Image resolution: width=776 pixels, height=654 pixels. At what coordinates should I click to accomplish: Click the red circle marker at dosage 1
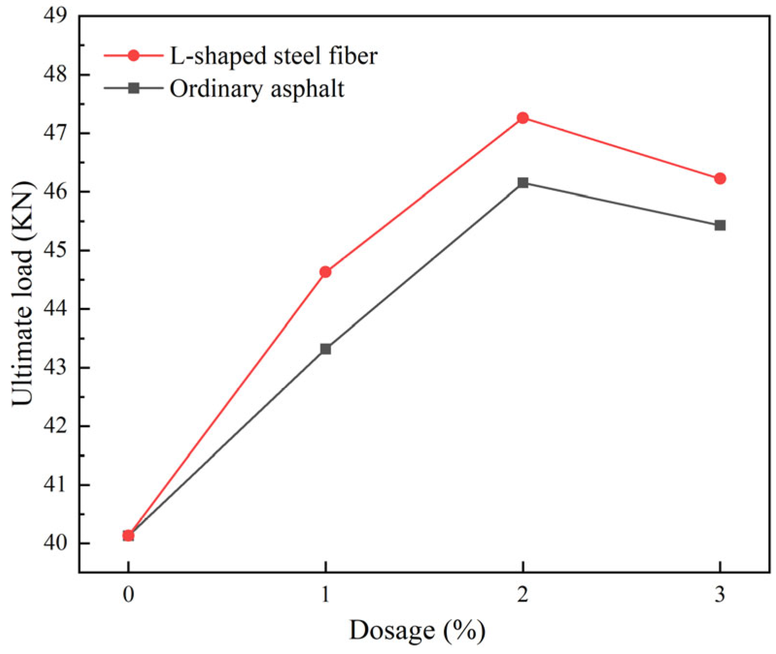(325, 272)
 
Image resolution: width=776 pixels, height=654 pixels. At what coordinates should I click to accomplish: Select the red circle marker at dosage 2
(523, 118)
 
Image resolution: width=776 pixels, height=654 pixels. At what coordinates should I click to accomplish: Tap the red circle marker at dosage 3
(720, 179)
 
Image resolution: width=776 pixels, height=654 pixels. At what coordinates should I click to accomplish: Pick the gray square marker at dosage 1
(325, 349)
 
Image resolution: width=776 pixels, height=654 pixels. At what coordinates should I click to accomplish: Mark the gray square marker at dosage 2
(523, 183)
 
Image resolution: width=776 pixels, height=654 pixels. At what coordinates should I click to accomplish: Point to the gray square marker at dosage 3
(720, 225)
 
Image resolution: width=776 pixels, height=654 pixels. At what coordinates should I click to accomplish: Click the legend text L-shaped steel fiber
(273, 56)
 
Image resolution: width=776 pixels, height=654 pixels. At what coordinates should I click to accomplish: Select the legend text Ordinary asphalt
(257, 89)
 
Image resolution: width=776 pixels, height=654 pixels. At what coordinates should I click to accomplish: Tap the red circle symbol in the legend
(134, 56)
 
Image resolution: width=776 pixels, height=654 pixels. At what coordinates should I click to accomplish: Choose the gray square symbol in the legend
(134, 88)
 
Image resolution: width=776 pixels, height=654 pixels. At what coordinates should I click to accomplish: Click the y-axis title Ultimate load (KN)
(23, 294)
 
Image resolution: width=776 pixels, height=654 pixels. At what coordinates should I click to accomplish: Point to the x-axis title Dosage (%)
(417, 630)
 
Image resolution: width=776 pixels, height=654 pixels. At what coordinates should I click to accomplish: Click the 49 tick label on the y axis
(55, 16)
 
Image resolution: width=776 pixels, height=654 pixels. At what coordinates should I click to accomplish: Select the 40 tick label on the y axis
(55, 543)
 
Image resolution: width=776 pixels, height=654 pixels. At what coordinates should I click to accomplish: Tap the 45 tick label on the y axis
(55, 250)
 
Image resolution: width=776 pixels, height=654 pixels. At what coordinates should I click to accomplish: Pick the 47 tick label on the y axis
(55, 133)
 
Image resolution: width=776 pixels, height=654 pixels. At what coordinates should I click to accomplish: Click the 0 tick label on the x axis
(128, 594)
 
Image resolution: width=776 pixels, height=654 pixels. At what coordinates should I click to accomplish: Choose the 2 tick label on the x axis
(523, 594)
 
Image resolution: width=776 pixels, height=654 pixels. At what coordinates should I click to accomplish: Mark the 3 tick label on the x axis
(720, 594)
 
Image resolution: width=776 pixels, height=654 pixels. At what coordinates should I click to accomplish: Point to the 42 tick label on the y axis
(55, 426)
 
